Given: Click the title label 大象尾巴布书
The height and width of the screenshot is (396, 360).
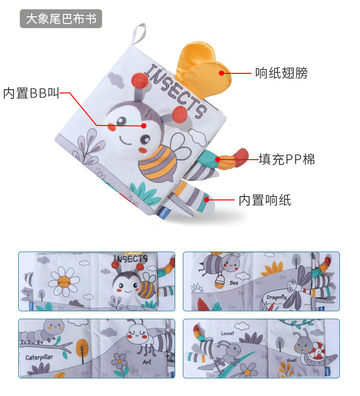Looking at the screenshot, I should [61, 19].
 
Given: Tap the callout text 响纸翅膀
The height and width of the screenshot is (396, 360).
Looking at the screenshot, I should [281, 73].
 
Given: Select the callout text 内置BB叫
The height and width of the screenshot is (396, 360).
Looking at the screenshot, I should [31, 93].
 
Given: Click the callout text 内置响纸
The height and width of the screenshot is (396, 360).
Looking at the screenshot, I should [265, 200].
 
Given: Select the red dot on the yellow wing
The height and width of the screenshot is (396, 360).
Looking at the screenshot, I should [222, 73].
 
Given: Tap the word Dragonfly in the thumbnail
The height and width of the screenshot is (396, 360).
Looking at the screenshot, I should [276, 298].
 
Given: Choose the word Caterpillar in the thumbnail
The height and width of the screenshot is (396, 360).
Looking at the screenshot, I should [40, 357].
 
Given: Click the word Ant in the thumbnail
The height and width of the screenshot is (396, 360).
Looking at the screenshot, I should [147, 362].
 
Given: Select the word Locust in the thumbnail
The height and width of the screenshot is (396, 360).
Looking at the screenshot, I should [228, 333].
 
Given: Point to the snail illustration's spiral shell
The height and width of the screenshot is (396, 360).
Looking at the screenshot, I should [318, 353].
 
